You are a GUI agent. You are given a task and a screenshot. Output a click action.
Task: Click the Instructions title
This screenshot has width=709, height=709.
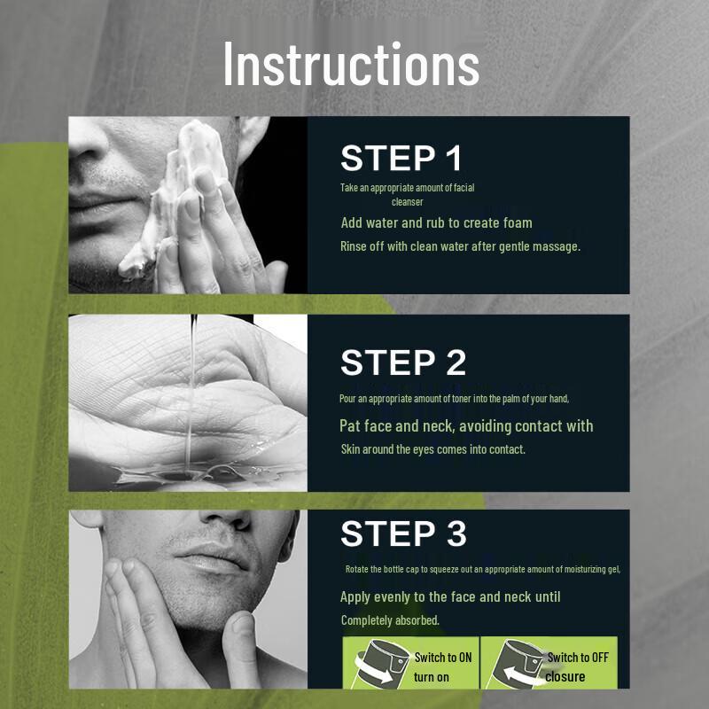(x=351, y=63)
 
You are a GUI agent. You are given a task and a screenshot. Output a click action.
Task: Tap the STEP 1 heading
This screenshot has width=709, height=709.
(x=401, y=158)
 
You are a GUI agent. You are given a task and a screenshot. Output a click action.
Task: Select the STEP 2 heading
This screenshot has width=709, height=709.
(x=403, y=362)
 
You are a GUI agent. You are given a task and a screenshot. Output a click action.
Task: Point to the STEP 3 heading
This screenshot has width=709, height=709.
(x=403, y=534)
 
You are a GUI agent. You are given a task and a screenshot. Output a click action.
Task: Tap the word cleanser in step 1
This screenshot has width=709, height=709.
(x=407, y=202)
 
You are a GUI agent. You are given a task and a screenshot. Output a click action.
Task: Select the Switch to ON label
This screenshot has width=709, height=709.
(x=442, y=658)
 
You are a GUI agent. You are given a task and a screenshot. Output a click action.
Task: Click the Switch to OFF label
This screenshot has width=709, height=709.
(x=578, y=658)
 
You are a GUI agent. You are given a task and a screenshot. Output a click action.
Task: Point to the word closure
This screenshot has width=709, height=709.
(x=565, y=677)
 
